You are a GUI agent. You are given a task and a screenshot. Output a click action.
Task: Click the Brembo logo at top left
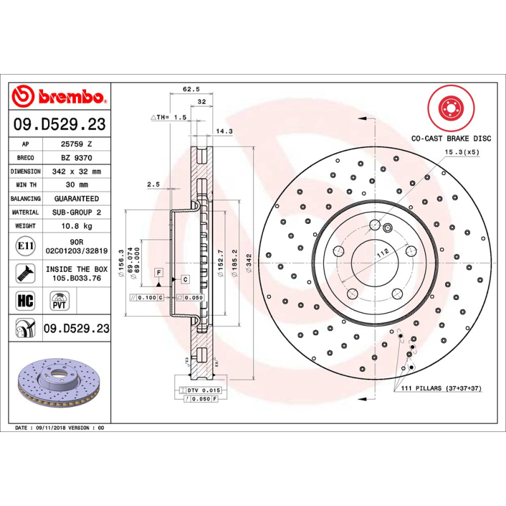click(x=59, y=97)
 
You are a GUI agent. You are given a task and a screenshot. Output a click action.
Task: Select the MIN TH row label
click(x=25, y=185)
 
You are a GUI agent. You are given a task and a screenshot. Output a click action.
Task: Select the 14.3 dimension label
click(x=225, y=132)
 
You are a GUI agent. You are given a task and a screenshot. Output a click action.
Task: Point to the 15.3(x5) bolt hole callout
click(x=462, y=152)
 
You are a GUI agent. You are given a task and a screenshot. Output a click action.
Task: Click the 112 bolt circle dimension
click(x=383, y=252)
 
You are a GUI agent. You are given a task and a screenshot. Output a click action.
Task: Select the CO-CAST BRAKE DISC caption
click(x=451, y=137)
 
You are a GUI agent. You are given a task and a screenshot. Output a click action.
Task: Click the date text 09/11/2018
click(x=51, y=428)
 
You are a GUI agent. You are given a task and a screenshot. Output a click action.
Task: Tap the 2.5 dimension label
click(x=153, y=185)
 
